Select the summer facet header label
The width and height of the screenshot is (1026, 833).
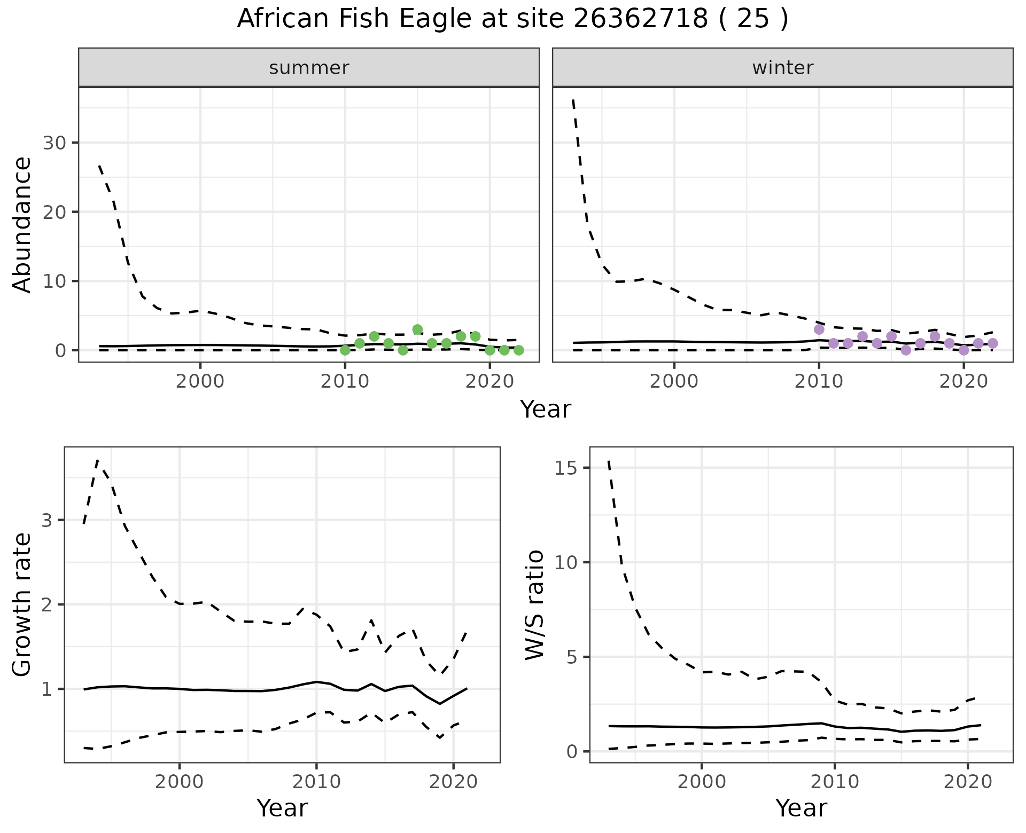[x=308, y=68]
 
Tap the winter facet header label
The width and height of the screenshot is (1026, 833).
[x=782, y=68]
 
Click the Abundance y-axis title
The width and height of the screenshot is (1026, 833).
[x=22, y=224]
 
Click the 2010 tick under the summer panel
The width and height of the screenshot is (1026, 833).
[x=345, y=382]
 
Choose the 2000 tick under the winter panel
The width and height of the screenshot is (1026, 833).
[x=674, y=382]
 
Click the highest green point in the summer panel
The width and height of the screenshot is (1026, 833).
[x=417, y=329]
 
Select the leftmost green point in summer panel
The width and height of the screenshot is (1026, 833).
[x=345, y=350]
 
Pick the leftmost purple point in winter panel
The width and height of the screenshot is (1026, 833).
[x=819, y=329]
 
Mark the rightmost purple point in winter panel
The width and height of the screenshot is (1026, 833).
[x=992, y=343]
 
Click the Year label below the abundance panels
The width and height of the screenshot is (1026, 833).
[x=545, y=410]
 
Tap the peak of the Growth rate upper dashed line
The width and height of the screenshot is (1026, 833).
[x=98, y=460]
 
